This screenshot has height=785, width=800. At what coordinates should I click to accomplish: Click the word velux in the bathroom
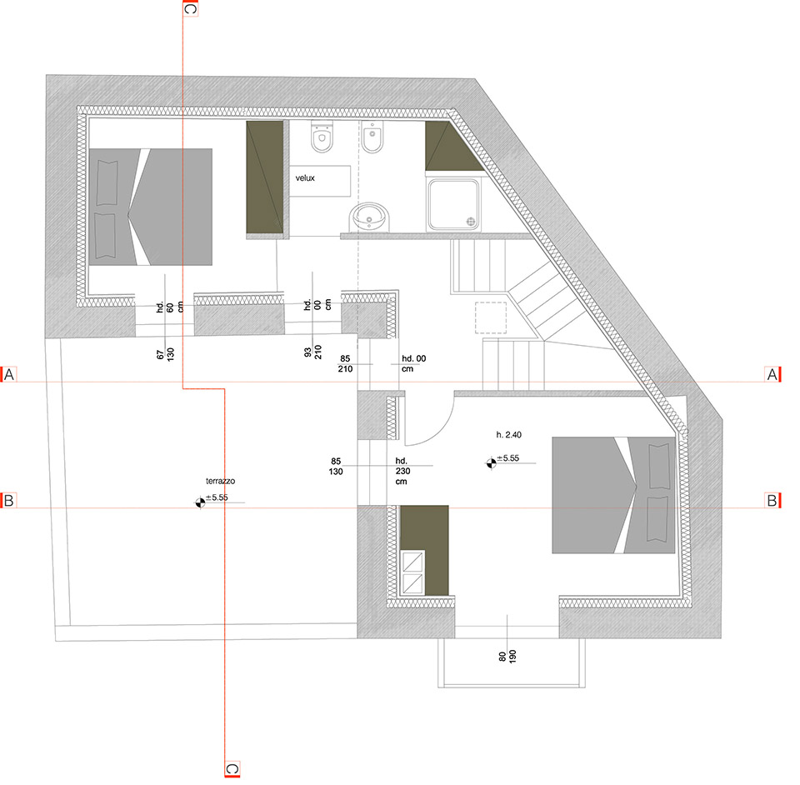point(305,178)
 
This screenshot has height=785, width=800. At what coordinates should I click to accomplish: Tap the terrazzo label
point(220,481)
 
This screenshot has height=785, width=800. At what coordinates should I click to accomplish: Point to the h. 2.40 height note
point(508,434)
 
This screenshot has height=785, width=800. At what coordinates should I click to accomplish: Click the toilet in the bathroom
point(322,137)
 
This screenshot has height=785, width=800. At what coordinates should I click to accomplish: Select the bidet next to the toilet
point(373,137)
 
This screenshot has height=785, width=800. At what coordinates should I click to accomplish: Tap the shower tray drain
point(471,222)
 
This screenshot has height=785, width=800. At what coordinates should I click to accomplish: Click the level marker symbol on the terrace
point(201,503)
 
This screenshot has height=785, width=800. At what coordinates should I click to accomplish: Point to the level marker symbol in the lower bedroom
point(491,463)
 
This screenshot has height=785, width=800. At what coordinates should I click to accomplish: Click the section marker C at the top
point(190,8)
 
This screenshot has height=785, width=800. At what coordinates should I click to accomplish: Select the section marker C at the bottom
point(232,768)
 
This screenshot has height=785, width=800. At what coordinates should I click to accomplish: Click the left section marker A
point(8,375)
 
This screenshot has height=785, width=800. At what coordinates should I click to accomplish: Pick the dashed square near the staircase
point(491,317)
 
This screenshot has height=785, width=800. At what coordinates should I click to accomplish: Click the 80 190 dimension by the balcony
point(507,657)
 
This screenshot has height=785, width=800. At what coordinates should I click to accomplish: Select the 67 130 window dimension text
point(165,354)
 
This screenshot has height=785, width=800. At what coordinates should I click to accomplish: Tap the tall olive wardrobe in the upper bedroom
point(265,177)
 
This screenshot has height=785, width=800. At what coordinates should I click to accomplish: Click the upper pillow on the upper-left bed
point(107,182)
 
